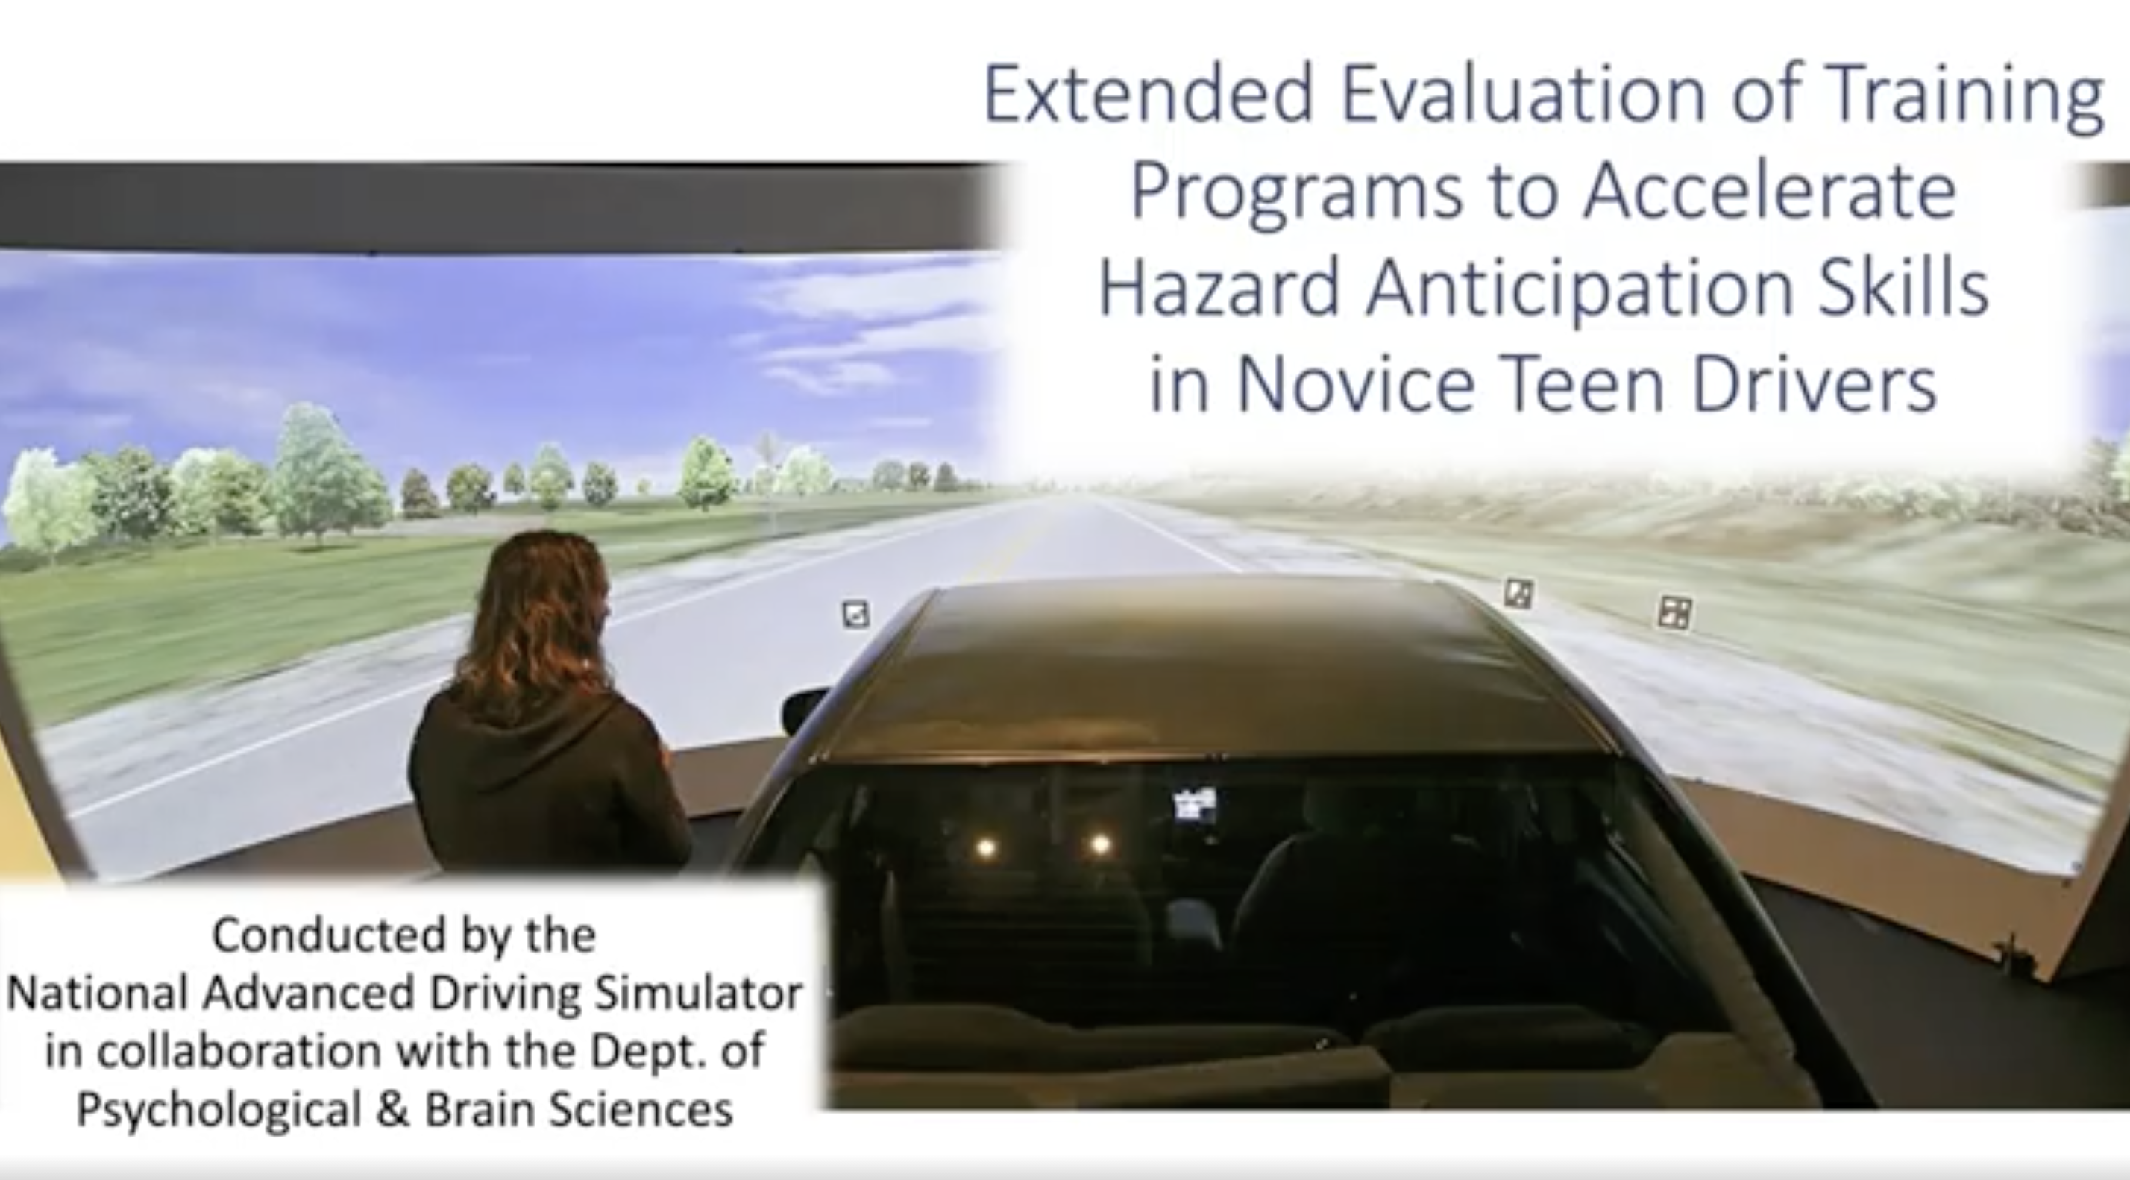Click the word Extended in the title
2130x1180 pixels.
tap(1149, 93)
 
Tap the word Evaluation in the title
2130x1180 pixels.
tap(1523, 93)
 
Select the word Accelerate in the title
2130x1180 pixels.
tap(1770, 191)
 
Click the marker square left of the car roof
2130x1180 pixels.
tap(856, 614)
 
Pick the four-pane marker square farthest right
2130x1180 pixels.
tap(1675, 612)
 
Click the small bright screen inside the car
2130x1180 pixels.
tap(1195, 804)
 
